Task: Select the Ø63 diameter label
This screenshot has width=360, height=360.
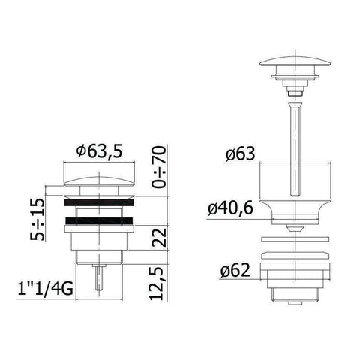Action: click(x=239, y=154)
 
